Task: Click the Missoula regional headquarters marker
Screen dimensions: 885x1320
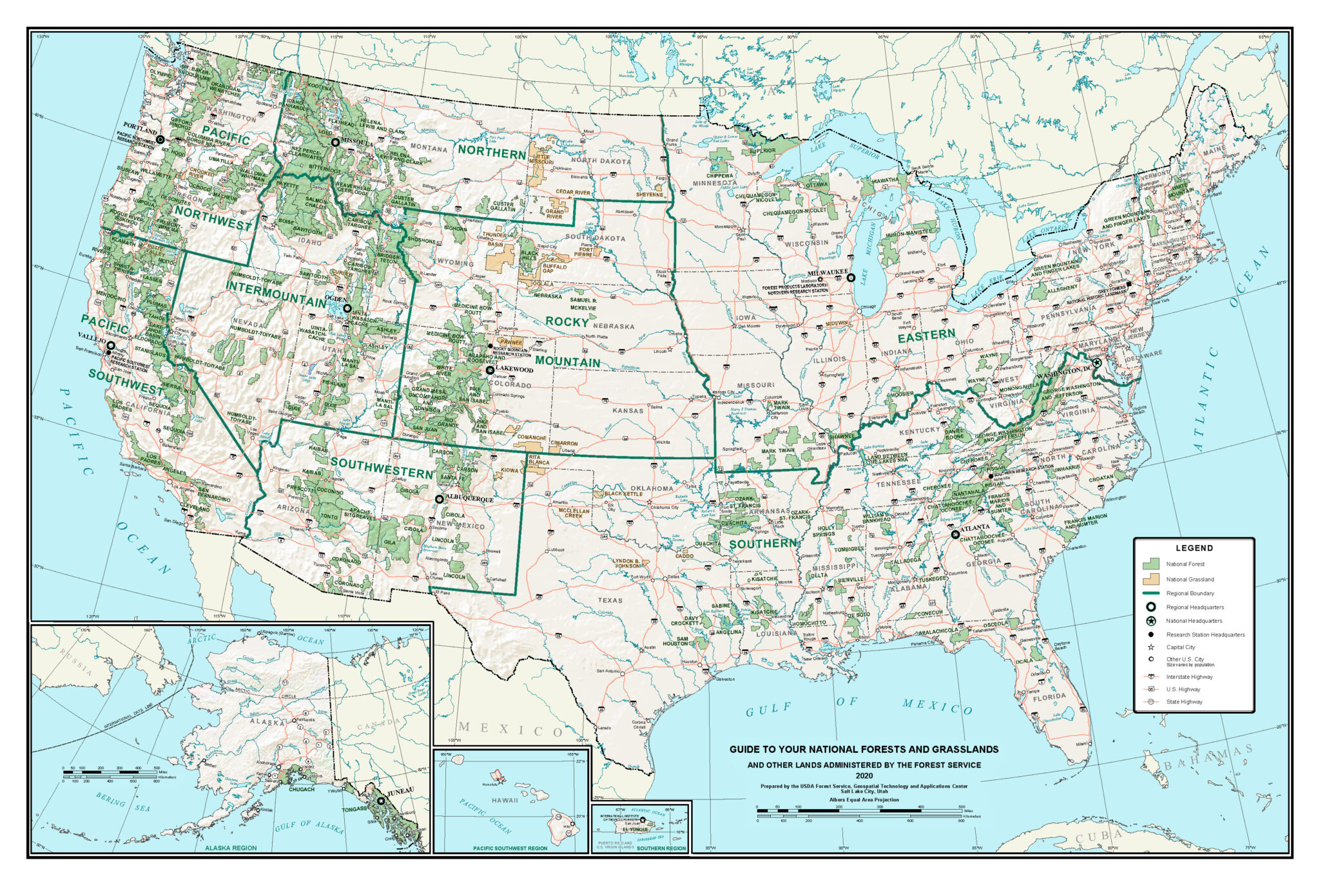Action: pos(335,142)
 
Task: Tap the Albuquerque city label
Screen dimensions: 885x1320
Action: pos(469,499)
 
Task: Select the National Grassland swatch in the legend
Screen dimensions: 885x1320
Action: pos(1151,578)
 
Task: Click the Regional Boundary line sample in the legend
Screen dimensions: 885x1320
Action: pos(1151,593)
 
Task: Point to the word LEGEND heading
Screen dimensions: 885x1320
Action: pos(1194,548)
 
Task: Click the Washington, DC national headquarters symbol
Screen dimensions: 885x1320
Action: pos(1096,363)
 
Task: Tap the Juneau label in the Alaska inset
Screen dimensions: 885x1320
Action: pos(400,790)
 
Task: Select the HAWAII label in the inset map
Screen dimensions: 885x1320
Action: pos(505,800)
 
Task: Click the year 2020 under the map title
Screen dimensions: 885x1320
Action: pos(864,776)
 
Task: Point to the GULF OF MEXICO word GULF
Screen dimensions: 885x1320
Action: pos(768,710)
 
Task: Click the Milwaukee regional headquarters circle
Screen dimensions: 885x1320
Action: pos(851,278)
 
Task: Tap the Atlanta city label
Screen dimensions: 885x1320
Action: pos(975,528)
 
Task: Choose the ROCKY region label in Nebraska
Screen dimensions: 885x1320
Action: pos(567,321)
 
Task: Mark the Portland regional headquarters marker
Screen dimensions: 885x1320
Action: pos(160,139)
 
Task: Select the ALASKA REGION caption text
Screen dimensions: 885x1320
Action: pos(231,848)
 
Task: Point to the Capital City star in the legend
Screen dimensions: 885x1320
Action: pos(1150,647)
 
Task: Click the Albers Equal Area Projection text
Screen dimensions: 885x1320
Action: pos(864,799)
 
